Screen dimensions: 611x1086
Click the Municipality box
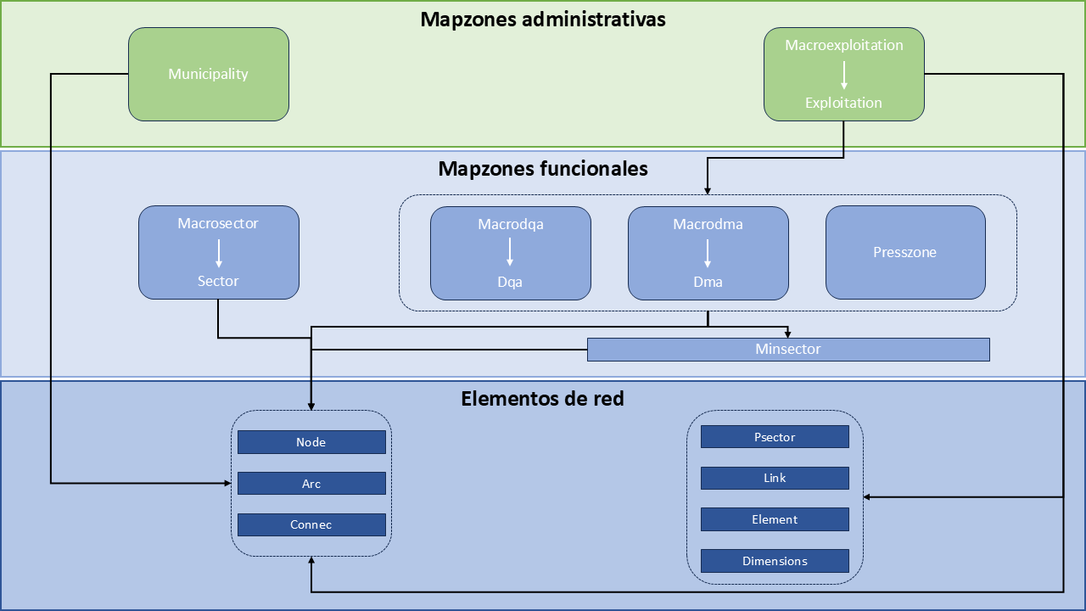click(x=208, y=74)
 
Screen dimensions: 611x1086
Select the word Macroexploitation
click(x=843, y=45)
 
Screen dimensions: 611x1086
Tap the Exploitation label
click(x=843, y=103)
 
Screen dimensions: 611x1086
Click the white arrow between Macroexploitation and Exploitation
click(x=843, y=75)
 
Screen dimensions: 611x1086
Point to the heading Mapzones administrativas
click(x=543, y=20)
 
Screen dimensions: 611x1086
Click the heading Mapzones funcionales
click(x=543, y=169)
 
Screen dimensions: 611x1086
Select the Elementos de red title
click(x=542, y=398)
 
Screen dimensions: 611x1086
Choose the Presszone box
click(x=905, y=252)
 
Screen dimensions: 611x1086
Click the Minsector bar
click(x=788, y=349)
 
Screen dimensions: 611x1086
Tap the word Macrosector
click(x=218, y=224)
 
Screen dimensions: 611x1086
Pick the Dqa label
click(x=510, y=282)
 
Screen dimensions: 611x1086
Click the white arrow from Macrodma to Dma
click(x=708, y=253)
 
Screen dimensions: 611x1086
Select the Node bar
click(x=311, y=442)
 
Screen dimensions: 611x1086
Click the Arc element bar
click(x=311, y=484)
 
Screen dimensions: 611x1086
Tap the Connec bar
click(x=311, y=524)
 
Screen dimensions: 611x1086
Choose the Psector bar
click(x=775, y=437)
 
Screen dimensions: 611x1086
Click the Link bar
click(x=775, y=478)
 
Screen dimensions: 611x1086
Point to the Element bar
click(x=775, y=519)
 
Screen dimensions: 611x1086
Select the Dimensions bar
click(x=775, y=561)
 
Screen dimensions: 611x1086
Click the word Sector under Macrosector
click(x=218, y=281)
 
